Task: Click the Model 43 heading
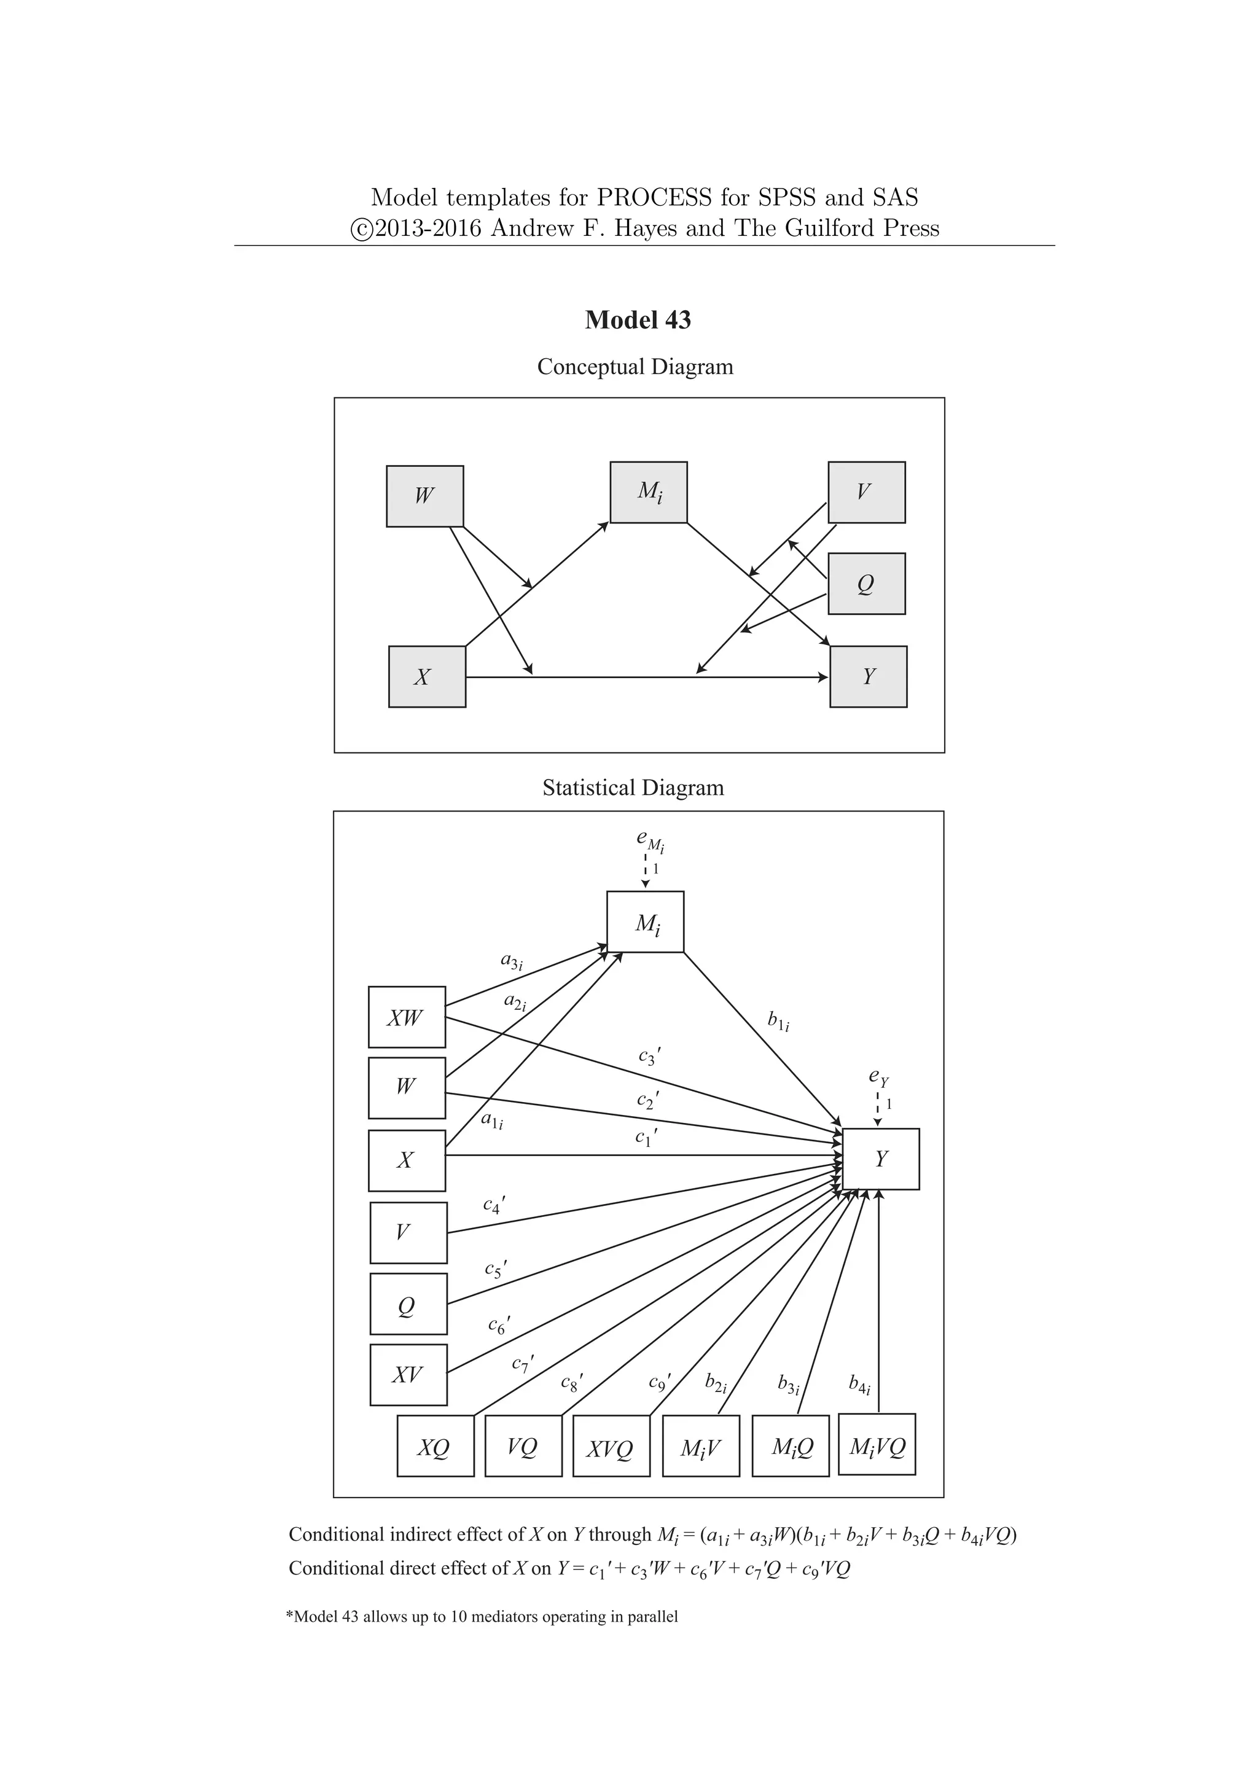click(x=638, y=320)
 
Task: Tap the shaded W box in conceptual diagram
click(x=424, y=496)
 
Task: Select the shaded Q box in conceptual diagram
click(x=866, y=584)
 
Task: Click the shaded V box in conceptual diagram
click(x=866, y=492)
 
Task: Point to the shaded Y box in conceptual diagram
click(x=867, y=676)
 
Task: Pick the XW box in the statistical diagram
click(x=407, y=1017)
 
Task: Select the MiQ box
click(x=790, y=1447)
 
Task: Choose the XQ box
click(x=434, y=1447)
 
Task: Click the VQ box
click(x=523, y=1447)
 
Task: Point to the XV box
click(x=408, y=1375)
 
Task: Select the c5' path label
click(x=495, y=1269)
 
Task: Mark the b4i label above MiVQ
click(x=859, y=1384)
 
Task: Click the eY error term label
click(x=878, y=1076)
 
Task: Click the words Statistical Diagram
click(x=633, y=788)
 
